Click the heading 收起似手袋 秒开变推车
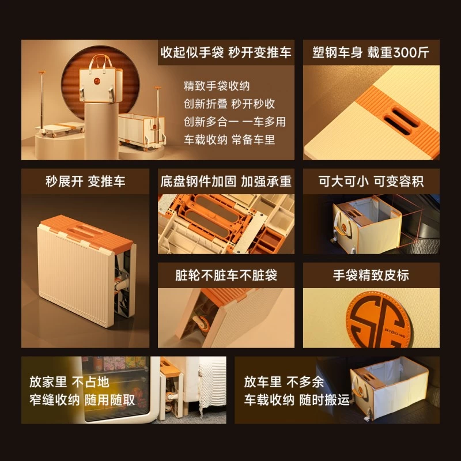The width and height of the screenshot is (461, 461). [226, 52]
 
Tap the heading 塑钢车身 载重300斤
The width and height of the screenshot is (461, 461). [371, 52]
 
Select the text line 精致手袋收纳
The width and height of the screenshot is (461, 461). [217, 86]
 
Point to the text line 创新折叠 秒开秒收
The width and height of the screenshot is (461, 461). [229, 104]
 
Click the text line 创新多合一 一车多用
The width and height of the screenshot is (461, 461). [235, 122]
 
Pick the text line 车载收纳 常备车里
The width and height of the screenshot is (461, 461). [229, 139]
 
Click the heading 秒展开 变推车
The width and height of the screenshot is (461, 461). [85, 182]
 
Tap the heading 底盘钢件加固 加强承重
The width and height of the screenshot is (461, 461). [226, 182]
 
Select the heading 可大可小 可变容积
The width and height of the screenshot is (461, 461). [371, 182]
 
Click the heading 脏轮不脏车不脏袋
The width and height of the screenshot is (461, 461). [226, 275]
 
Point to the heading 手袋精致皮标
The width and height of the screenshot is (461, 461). [371, 275]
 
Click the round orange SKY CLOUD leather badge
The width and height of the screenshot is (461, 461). [379, 320]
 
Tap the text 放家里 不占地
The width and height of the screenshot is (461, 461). [69, 382]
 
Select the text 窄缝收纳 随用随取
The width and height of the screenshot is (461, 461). [82, 400]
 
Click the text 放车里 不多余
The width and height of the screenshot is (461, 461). [284, 382]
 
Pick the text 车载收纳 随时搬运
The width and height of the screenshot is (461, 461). [297, 400]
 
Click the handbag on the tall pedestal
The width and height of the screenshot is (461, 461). [100, 81]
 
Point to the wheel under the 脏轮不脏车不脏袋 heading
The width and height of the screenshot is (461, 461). [202, 323]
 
